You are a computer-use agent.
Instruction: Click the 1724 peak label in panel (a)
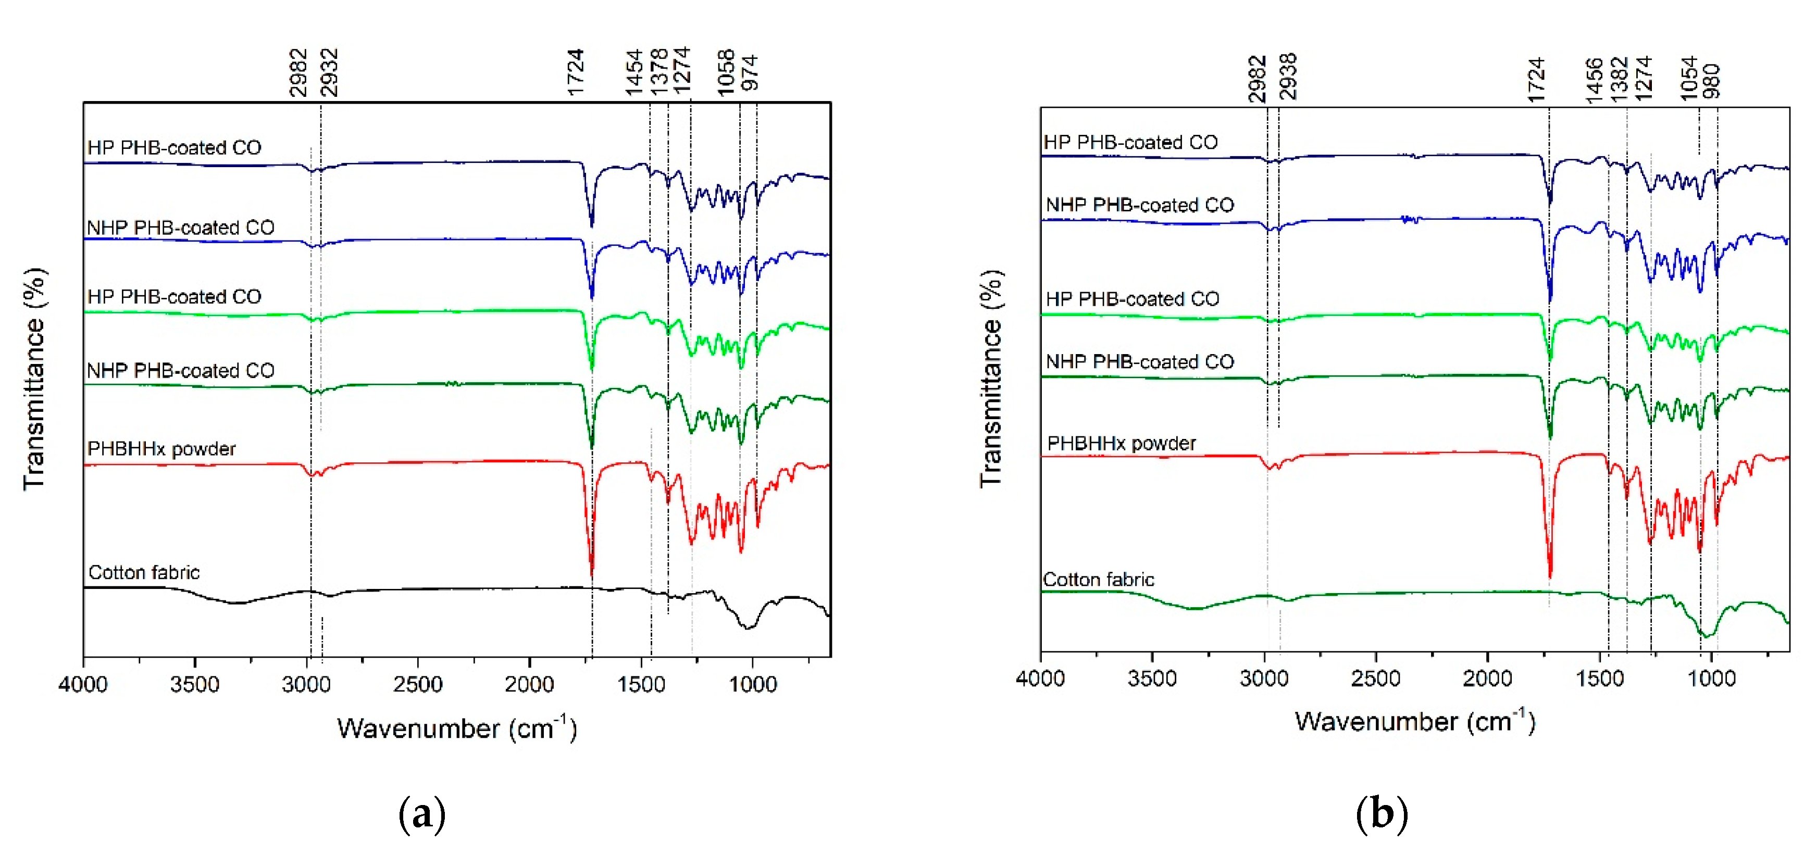576,72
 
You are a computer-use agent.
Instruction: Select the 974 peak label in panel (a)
750,73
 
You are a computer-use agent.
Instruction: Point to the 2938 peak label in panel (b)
1288,77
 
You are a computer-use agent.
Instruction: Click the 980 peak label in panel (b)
1711,81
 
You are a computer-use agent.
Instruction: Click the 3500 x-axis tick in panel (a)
195,684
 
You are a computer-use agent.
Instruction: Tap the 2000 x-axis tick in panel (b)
1487,678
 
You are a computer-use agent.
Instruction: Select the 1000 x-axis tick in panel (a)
752,684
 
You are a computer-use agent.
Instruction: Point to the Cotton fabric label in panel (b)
1098,580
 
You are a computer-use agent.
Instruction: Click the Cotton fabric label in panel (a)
144,573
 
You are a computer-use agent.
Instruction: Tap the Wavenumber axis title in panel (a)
457,729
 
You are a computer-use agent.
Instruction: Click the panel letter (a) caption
421,814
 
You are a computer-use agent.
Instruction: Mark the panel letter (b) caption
1381,814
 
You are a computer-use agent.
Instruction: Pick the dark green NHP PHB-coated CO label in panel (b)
1139,362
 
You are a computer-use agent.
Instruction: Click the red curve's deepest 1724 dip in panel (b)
1550,575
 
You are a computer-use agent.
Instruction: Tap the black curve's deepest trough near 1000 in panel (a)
748,627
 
